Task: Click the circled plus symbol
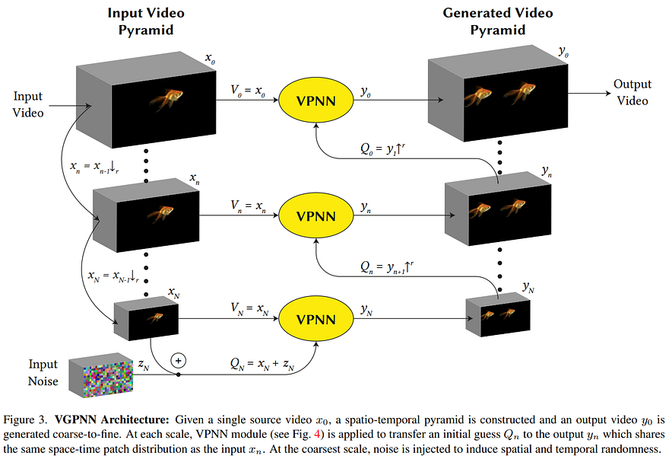[179, 359]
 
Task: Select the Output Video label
[633, 94]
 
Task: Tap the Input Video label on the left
[28, 104]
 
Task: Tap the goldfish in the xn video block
[157, 213]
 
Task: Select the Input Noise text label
[43, 372]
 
